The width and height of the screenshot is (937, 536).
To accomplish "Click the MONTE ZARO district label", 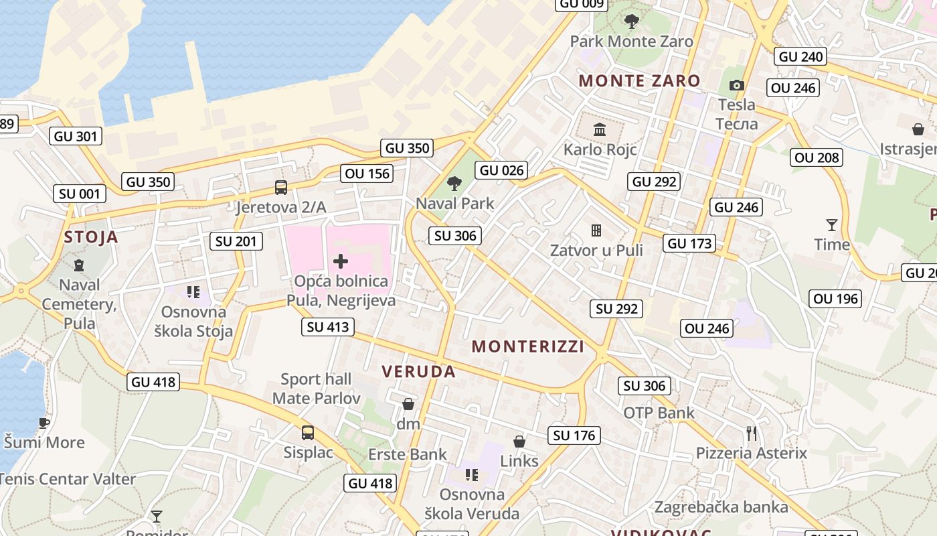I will click(639, 81).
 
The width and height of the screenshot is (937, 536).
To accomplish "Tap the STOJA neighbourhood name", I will click(91, 237).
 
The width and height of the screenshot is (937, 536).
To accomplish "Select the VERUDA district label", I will click(418, 372).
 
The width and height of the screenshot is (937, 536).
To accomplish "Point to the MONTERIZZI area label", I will click(527, 346).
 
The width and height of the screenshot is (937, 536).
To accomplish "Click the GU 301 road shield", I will click(76, 136).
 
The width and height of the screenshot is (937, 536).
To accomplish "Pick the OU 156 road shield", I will click(367, 174).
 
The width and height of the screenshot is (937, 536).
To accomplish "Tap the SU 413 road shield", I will click(328, 327).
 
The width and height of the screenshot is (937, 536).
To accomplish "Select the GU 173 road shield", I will click(691, 243).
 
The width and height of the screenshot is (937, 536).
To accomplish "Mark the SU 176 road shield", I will click(574, 435).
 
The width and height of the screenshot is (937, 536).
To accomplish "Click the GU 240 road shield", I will click(800, 57).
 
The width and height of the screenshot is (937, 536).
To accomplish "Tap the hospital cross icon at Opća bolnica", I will click(341, 261).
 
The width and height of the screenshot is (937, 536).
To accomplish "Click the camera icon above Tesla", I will click(736, 86).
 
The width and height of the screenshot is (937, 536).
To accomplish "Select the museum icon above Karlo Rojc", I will click(600, 129).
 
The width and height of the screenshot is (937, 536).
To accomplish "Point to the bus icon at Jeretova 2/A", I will click(281, 188).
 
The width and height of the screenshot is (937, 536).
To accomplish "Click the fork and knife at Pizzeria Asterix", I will click(752, 433).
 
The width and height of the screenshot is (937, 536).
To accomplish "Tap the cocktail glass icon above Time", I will click(832, 224).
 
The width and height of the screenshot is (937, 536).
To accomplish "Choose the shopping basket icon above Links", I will click(519, 442).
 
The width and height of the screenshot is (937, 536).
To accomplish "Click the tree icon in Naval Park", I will click(454, 184).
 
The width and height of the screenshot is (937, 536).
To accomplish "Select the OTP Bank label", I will click(659, 413).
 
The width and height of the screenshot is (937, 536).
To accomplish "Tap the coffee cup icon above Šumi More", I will click(44, 423).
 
